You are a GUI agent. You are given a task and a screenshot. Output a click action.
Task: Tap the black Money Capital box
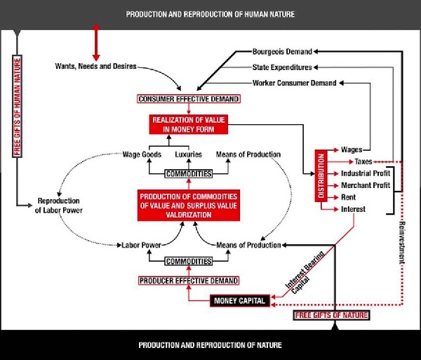[238, 301]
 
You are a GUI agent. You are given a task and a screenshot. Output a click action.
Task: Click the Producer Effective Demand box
[189, 280]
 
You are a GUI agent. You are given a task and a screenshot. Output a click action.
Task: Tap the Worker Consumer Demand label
[289, 84]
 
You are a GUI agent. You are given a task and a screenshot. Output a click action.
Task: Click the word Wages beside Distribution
[352, 149]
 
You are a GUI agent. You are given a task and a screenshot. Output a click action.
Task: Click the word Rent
[349, 197]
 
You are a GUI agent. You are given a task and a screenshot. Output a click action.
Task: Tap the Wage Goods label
[142, 154]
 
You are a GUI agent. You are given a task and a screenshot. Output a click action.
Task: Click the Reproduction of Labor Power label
[59, 204]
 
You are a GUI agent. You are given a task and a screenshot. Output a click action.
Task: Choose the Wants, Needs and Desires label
[95, 67]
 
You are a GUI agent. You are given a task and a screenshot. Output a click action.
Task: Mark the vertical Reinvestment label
[403, 241]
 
